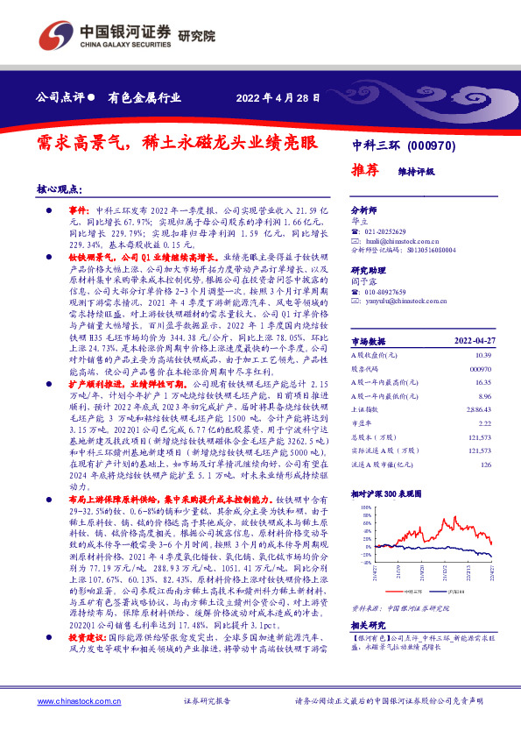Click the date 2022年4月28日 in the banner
tap(272, 97)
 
